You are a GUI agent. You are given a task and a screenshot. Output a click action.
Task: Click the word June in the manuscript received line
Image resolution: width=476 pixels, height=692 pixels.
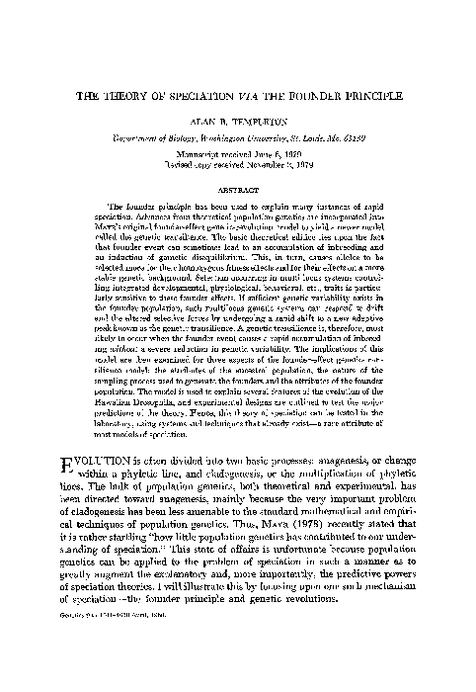[x=258, y=157]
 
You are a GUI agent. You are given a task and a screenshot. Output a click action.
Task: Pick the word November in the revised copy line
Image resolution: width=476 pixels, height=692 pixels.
[x=274, y=167]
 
